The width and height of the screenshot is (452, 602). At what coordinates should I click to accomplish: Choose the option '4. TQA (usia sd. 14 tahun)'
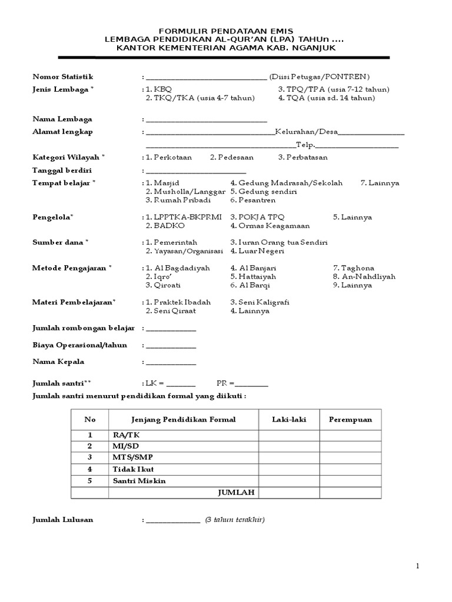pos(327,98)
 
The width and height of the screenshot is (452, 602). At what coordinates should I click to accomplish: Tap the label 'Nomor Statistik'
pos(63,77)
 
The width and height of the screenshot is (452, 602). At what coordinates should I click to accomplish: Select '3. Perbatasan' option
pos(303,158)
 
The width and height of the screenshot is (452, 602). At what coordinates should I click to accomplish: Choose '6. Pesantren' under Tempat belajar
pos(253,200)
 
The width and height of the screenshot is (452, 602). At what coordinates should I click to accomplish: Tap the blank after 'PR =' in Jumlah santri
pos(251,384)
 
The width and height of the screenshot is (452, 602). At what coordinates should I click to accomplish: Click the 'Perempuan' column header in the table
pos(350,420)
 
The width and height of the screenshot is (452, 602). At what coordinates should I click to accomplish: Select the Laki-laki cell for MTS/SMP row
pos(288,457)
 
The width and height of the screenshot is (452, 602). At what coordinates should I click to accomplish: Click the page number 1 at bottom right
pos(417,566)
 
